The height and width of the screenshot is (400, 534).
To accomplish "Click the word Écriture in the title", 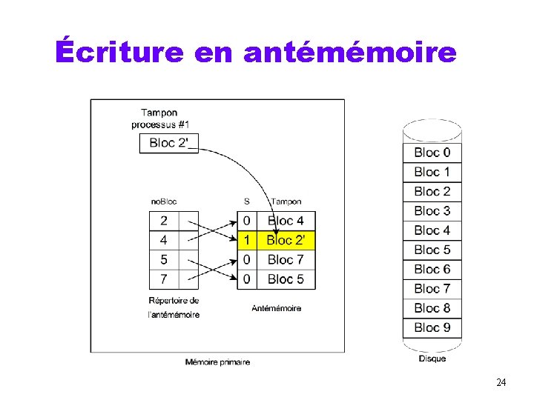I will (x=119, y=53).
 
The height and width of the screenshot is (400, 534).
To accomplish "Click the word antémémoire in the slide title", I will (x=349, y=53).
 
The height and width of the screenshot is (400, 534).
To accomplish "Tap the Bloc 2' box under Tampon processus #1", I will (x=169, y=142).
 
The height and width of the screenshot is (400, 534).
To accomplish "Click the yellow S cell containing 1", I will (x=246, y=240).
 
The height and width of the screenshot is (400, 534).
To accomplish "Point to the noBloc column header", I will (x=163, y=201).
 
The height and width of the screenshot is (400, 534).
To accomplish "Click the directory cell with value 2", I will (x=164, y=221).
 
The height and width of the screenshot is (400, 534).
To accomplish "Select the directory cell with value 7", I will (x=164, y=279).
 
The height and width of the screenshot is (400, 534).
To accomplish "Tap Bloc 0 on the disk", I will (x=432, y=153).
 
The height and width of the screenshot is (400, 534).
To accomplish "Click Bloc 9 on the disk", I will (x=432, y=327).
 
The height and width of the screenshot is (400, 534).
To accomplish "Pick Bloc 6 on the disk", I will (x=432, y=269).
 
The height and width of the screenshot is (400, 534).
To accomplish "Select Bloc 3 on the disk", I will (x=432, y=211).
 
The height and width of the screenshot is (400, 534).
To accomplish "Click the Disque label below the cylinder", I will (x=432, y=359).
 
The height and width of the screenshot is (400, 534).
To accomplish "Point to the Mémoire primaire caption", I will (x=217, y=362).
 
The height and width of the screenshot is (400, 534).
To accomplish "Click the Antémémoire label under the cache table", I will (x=276, y=308).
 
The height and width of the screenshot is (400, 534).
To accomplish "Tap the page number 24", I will (x=501, y=382).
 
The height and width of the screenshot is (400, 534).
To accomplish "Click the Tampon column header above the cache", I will (x=286, y=201).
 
